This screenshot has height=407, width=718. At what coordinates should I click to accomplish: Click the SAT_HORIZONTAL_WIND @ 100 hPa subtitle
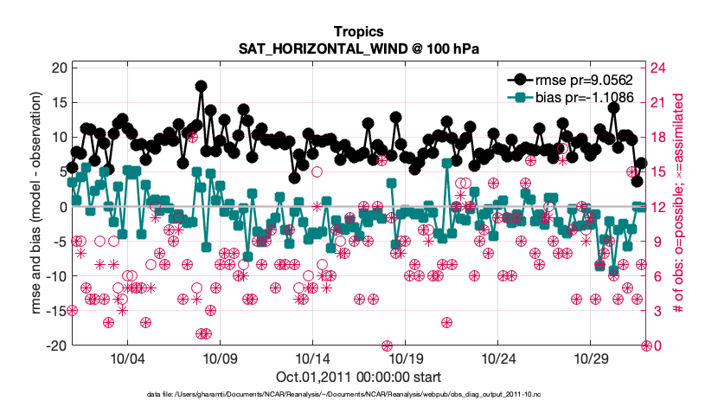358,51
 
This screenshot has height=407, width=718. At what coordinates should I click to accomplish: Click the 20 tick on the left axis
59,68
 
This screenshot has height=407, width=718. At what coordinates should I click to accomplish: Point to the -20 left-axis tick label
56,346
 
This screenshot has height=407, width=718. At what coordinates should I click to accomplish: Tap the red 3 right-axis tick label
656,311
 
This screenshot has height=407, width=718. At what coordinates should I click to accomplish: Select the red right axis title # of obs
683,207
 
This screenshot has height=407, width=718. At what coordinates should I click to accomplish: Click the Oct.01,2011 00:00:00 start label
358,377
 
